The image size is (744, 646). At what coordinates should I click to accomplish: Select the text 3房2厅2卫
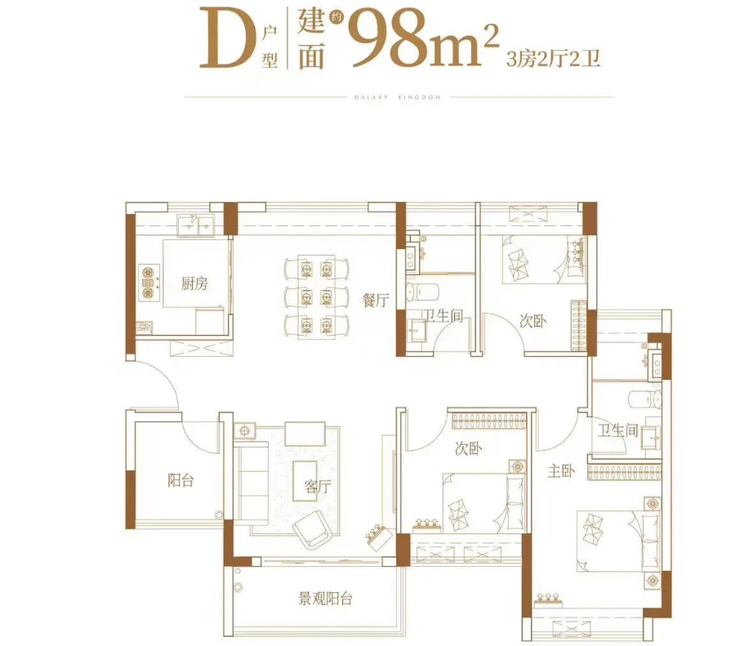click(x=555, y=58)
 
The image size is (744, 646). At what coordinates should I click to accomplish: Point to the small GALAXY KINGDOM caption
click(x=398, y=97)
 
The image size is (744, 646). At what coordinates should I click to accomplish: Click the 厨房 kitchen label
click(x=194, y=283)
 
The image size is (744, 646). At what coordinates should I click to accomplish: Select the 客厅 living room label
click(x=317, y=487)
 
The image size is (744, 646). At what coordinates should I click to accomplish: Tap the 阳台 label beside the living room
click(x=180, y=480)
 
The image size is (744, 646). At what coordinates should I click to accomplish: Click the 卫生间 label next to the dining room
click(x=442, y=316)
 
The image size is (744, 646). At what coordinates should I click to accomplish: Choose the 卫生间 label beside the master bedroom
click(x=617, y=430)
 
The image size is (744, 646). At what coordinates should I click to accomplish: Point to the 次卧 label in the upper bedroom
click(x=532, y=321)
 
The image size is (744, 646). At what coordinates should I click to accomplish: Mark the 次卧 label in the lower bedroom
click(x=468, y=448)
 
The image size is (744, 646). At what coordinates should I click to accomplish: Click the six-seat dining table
click(x=315, y=294)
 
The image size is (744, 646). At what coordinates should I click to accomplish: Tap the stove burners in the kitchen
click(x=148, y=280)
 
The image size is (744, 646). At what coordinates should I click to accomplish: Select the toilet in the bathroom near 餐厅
click(x=428, y=291)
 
